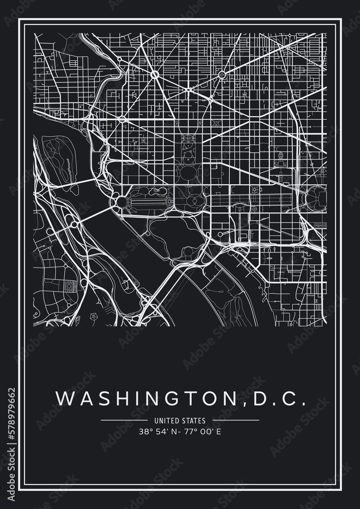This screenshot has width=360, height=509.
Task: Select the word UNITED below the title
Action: coord(165,421)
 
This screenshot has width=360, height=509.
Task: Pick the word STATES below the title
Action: coord(195,421)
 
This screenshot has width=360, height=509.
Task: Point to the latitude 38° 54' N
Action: coord(156,432)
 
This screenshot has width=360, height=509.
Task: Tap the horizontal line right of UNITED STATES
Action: coord(235,420)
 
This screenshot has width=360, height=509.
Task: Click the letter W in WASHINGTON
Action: coord(62,398)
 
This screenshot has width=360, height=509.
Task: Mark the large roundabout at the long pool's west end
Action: coord(122,203)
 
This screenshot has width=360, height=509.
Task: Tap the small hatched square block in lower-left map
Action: coord(69,288)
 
